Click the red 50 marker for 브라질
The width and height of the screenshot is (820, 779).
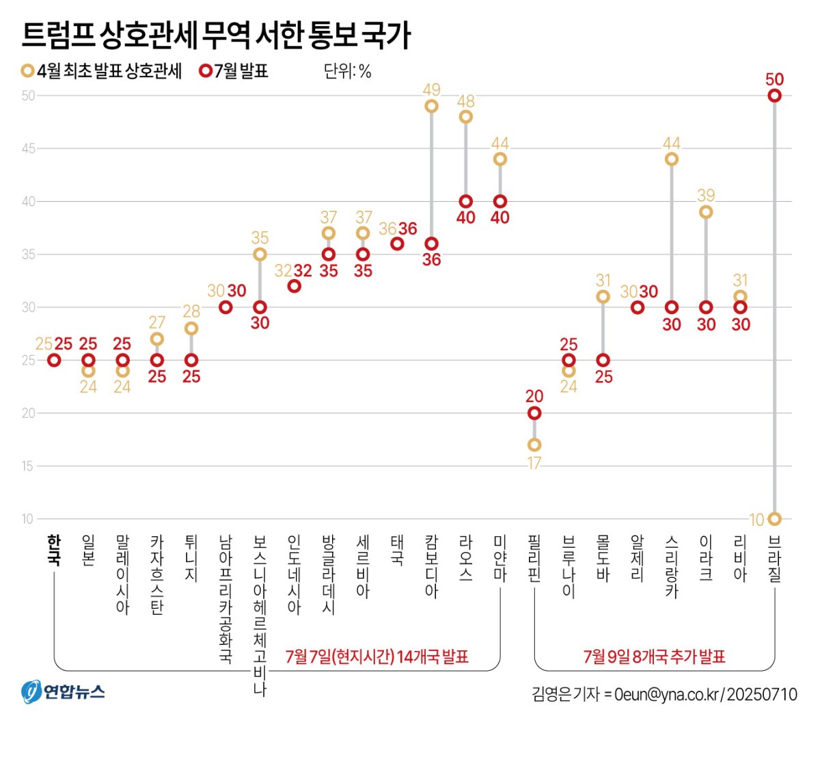click(x=774, y=96)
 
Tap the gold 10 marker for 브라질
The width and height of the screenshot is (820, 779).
click(x=774, y=519)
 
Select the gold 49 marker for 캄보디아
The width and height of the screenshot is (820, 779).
click(x=431, y=106)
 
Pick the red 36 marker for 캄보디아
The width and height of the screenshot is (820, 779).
click(x=431, y=243)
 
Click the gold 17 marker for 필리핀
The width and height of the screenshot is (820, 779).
click(x=534, y=445)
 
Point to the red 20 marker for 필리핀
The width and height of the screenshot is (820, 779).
click(x=534, y=413)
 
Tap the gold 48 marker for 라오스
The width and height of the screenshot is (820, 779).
click(x=465, y=117)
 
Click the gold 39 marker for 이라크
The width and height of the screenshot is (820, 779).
click(x=706, y=212)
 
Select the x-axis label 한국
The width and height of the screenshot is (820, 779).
click(x=54, y=550)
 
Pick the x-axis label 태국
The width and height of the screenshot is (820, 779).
click(x=397, y=550)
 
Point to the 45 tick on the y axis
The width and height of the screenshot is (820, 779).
click(x=27, y=148)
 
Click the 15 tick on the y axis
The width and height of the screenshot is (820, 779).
click(x=27, y=466)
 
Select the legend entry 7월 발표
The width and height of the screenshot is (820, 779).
click(x=234, y=71)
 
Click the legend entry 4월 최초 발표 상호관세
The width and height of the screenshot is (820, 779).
click(x=102, y=71)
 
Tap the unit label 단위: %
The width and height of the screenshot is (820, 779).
click(x=347, y=71)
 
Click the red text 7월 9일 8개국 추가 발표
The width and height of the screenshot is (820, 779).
click(x=654, y=657)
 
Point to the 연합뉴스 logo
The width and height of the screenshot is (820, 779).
click(x=63, y=691)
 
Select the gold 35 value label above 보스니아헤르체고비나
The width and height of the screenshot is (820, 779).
click(x=260, y=238)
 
